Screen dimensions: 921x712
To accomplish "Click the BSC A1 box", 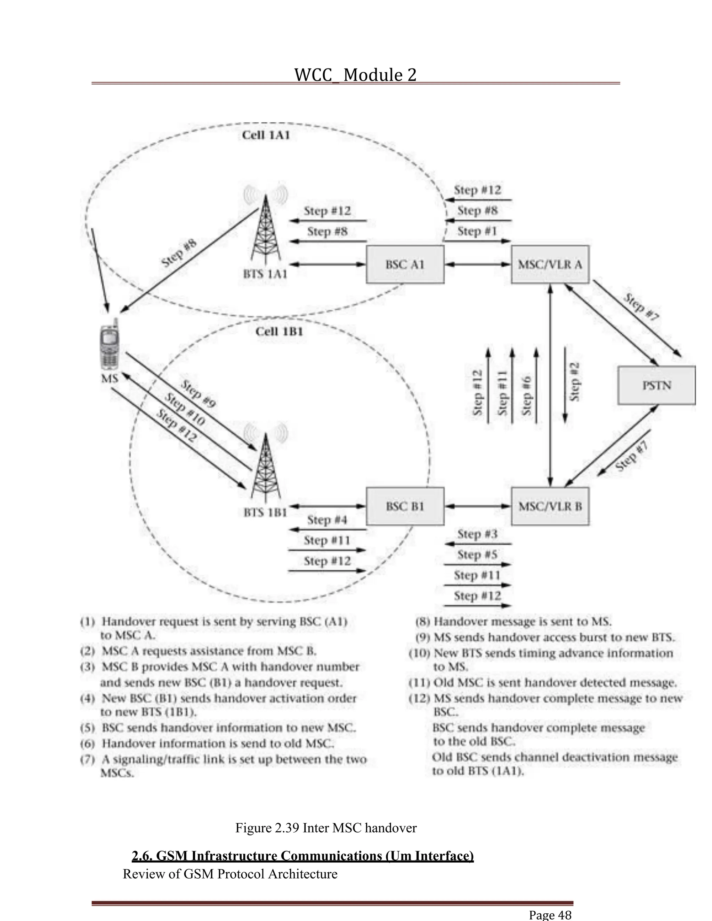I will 405,264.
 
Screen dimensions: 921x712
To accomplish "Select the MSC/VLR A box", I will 550,264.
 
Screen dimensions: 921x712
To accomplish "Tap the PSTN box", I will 656,385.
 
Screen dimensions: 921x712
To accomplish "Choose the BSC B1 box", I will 405,506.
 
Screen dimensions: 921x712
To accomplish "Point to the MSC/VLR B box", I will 550,506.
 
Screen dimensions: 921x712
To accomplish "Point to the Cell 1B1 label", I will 279,332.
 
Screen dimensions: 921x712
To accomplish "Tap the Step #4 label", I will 327,520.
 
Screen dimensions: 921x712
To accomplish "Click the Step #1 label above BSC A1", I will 477,231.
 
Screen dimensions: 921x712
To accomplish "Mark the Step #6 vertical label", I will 526,396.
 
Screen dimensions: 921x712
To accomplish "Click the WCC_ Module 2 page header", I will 355,75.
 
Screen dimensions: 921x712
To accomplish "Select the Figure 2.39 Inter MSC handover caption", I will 326,828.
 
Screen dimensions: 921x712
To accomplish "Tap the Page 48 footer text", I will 550,915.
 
